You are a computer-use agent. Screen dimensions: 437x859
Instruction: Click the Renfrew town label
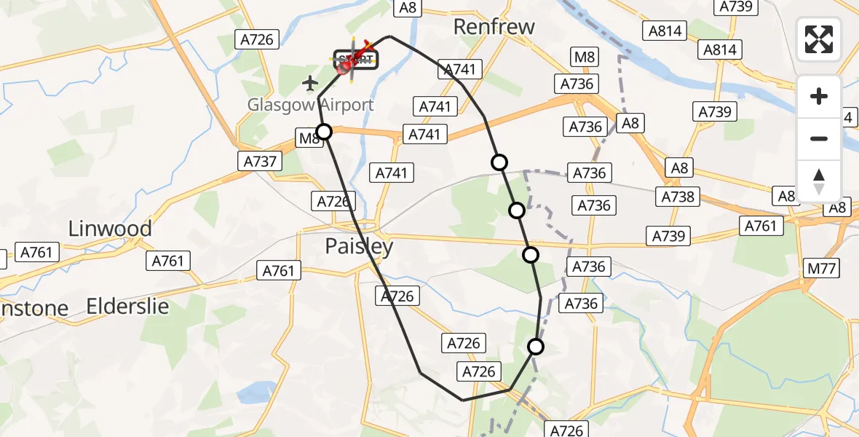tap(494, 27)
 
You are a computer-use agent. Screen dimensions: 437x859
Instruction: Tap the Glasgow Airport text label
tap(311, 105)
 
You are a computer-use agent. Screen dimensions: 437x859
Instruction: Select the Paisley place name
tap(359, 246)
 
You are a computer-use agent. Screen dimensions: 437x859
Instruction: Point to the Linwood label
tap(110, 229)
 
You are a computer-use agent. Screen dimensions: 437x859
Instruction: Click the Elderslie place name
tap(127, 307)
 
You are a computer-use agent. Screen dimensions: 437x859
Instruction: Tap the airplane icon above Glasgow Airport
tap(310, 84)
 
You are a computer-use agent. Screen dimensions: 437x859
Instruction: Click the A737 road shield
tap(260, 161)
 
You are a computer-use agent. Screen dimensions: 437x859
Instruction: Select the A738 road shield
tap(678, 197)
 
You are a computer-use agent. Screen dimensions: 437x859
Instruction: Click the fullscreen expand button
tap(819, 39)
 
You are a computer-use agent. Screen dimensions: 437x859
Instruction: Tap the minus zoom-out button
tap(819, 138)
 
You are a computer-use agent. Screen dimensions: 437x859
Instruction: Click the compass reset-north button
tap(819, 181)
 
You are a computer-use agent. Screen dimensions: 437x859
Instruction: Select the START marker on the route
tap(356, 60)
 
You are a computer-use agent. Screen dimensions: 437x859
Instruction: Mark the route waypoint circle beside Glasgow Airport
tap(324, 132)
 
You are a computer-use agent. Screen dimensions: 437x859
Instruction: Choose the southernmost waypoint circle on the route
tap(536, 347)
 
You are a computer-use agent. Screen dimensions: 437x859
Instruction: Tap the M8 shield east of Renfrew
tap(586, 58)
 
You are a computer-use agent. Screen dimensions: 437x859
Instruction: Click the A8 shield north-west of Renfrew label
tap(408, 7)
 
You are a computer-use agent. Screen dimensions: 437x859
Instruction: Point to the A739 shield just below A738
tap(669, 236)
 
